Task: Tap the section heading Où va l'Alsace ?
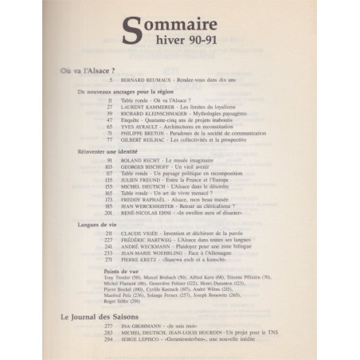tap(88, 70)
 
